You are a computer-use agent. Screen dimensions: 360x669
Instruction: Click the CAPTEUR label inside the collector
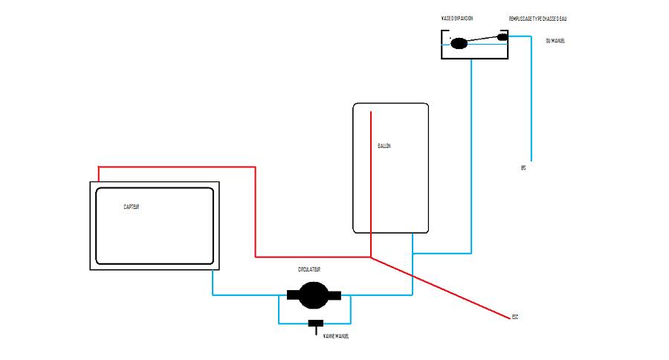tap(132, 207)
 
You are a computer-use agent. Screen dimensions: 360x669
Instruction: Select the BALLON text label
tap(384, 146)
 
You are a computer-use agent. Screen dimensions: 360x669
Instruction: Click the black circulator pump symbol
tap(311, 296)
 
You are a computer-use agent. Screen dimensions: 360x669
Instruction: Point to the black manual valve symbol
tap(316, 324)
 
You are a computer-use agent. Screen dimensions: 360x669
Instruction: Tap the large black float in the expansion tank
tap(459, 43)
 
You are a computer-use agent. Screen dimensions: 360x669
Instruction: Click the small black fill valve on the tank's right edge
tap(502, 36)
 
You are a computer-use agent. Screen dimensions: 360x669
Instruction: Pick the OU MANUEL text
tap(555, 40)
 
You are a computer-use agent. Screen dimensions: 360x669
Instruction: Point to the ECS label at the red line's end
tap(514, 318)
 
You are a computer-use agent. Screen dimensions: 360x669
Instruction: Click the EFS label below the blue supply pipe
tap(524, 168)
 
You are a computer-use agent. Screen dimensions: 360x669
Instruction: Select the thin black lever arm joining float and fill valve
tap(483, 40)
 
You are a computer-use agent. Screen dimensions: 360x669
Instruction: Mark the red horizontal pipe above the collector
tap(178, 167)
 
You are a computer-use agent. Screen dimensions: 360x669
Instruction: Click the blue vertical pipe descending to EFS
tap(531, 97)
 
